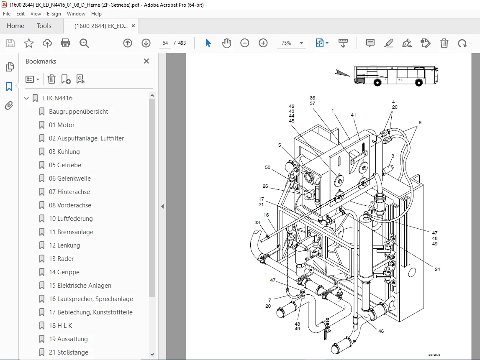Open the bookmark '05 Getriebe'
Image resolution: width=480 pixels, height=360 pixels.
[x=65, y=165]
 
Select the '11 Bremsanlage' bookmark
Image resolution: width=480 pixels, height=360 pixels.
[x=71, y=232]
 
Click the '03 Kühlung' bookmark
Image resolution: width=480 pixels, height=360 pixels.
[x=64, y=152]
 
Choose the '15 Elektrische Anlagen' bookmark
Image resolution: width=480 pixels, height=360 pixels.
[x=80, y=286]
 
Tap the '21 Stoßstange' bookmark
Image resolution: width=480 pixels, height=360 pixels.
[x=69, y=352]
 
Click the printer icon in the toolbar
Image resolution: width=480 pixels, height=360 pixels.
[x=66, y=43]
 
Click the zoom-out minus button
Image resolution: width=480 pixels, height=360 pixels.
[x=244, y=43]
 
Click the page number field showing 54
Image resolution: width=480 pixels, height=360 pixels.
[x=165, y=43]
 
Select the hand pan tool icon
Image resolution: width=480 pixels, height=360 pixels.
[x=226, y=43]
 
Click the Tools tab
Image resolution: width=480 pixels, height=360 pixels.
[x=44, y=26]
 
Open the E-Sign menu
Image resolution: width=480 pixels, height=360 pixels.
[x=54, y=14]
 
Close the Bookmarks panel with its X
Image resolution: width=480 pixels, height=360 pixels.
[x=146, y=61]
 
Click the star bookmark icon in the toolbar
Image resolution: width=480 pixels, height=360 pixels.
[x=29, y=43]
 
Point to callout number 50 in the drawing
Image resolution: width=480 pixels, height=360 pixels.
[x=267, y=167]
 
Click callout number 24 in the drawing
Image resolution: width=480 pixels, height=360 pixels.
[x=437, y=269]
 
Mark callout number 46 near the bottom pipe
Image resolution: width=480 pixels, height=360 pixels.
[x=381, y=331]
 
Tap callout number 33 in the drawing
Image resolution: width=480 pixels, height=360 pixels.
[x=257, y=223]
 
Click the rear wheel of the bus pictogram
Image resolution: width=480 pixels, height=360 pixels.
[x=377, y=82]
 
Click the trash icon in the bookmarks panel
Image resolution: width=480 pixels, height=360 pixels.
[x=52, y=79]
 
